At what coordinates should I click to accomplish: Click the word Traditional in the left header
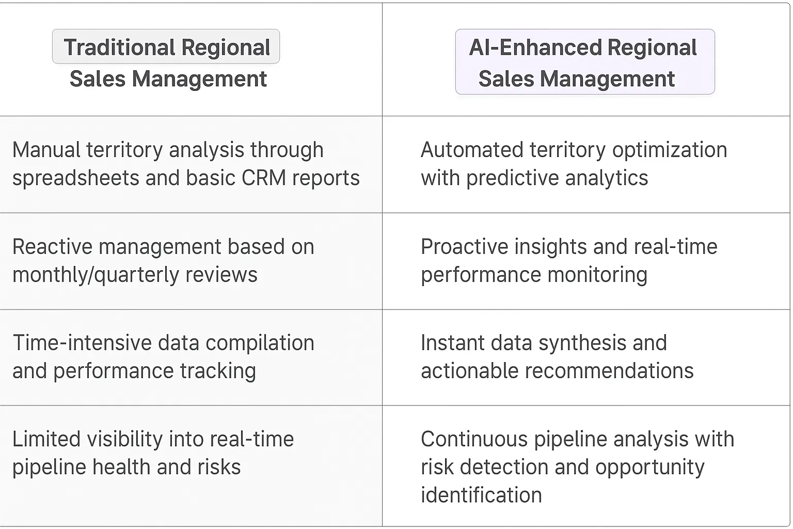coord(119,47)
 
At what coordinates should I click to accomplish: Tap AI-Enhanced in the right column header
coord(535,47)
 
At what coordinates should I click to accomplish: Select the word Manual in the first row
coord(46,149)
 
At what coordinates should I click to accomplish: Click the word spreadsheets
coord(76,178)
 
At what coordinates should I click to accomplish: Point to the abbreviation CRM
coord(263,178)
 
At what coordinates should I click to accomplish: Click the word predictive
coord(512,178)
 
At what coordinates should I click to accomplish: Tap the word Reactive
coord(52,246)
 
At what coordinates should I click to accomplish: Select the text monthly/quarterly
coord(96,275)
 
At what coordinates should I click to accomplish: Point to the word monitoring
coord(597,275)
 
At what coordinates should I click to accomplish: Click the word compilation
coord(260,344)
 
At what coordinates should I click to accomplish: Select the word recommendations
coord(609,371)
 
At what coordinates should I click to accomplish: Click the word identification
coord(482,495)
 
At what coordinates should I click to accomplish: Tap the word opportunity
coord(650,468)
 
